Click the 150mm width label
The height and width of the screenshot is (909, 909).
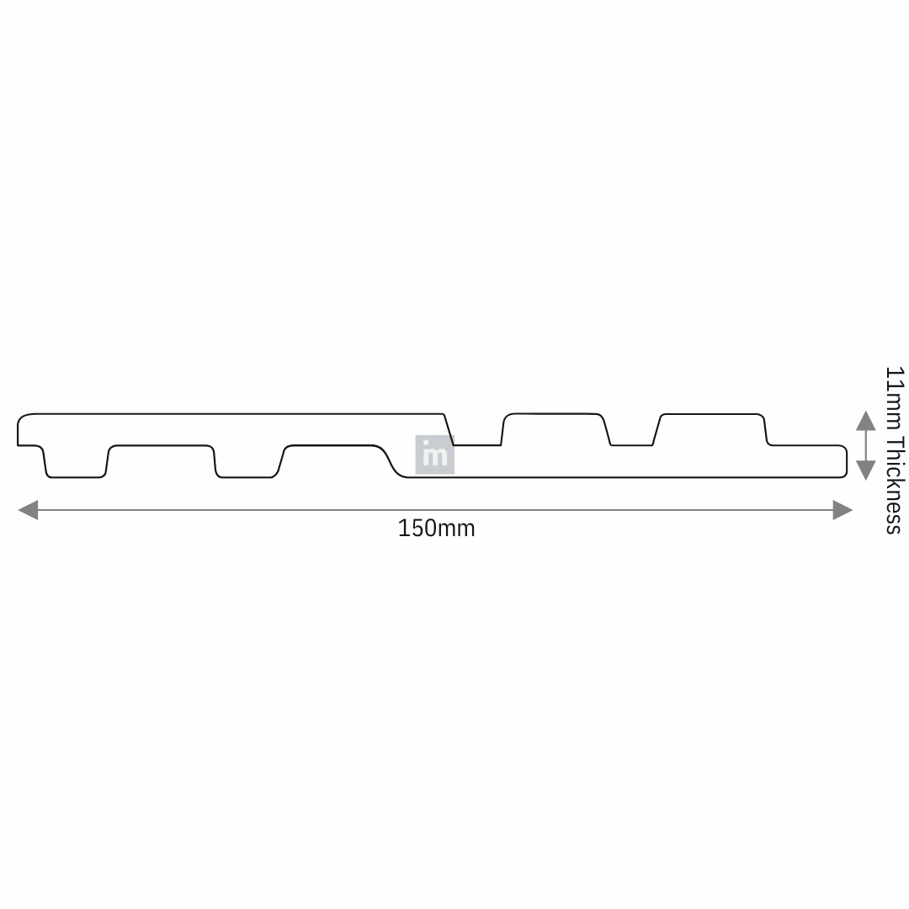coord(436,528)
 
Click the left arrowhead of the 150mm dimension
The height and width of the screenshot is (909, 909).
coord(29,510)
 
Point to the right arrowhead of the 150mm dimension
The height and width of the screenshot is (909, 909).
coord(843,510)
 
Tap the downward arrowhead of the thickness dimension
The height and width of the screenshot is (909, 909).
coord(865,470)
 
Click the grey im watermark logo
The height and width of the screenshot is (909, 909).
coord(435,454)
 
